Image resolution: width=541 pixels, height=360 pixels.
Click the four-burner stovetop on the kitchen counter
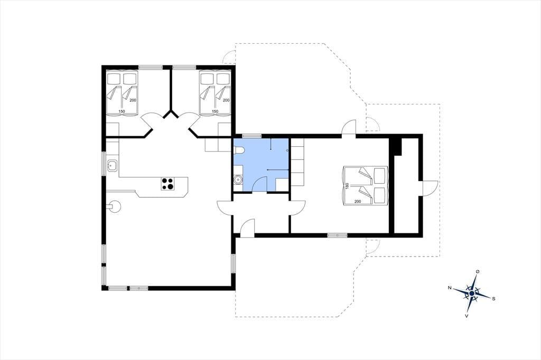pos(168,183)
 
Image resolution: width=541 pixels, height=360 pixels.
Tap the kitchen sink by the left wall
pos(112,166)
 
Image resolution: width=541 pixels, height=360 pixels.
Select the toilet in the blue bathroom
pos(239,150)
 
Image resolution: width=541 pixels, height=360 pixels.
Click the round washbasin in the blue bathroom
pos(238,179)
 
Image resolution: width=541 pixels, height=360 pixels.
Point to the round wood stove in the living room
pos(114,206)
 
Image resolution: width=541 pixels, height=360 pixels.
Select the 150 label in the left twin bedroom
pos(122,111)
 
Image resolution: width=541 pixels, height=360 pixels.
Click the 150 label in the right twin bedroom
pos(214,111)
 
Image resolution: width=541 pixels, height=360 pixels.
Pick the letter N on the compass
pos(450,288)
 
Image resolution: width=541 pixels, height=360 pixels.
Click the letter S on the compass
pos(493,299)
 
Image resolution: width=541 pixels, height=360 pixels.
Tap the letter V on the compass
pos(467,316)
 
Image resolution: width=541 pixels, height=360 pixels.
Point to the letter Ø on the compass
pos(478,272)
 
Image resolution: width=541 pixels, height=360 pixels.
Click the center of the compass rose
pos(472,293)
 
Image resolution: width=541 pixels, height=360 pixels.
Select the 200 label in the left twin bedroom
pos(133,100)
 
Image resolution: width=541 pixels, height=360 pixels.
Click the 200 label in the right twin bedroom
pos(226,100)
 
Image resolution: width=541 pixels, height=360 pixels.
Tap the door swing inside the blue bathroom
pos(260,184)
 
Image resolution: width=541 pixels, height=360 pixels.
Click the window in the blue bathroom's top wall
pos(251,136)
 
